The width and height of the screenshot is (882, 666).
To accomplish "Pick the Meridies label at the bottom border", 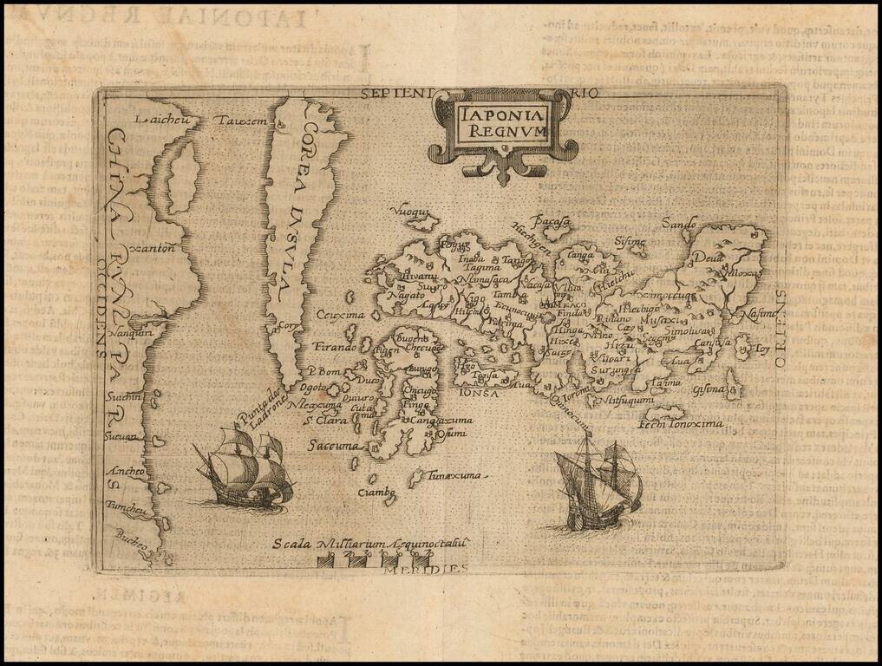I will [x=439, y=568].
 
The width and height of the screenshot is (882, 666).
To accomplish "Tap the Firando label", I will [x=335, y=347].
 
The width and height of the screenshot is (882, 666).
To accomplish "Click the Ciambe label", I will [x=377, y=492].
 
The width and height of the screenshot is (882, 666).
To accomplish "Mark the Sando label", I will [x=679, y=224].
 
